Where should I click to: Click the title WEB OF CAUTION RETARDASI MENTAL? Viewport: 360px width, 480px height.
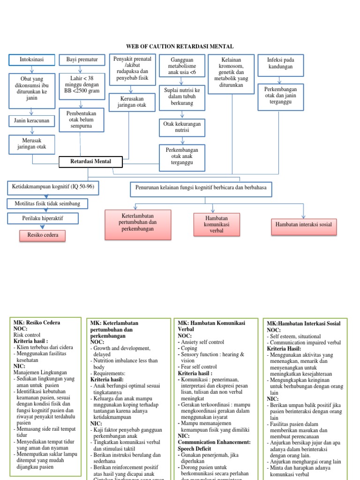[180, 46]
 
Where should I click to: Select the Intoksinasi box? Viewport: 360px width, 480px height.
[32, 60]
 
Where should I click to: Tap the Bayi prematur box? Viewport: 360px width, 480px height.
[82, 60]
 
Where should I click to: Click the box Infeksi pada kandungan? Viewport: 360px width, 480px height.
[280, 63]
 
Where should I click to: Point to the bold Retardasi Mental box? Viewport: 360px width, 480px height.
[90, 162]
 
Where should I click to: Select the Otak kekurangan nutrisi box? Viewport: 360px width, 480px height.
[182, 127]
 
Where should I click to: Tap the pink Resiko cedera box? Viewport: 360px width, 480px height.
[43, 235]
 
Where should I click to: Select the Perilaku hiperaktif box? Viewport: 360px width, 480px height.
[43, 218]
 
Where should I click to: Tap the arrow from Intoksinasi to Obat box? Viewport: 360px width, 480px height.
[32, 69]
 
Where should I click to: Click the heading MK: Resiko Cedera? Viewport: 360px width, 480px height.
[37, 322]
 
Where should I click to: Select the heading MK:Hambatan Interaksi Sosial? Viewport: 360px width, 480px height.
[303, 323]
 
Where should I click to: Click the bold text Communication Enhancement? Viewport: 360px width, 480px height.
[214, 442]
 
